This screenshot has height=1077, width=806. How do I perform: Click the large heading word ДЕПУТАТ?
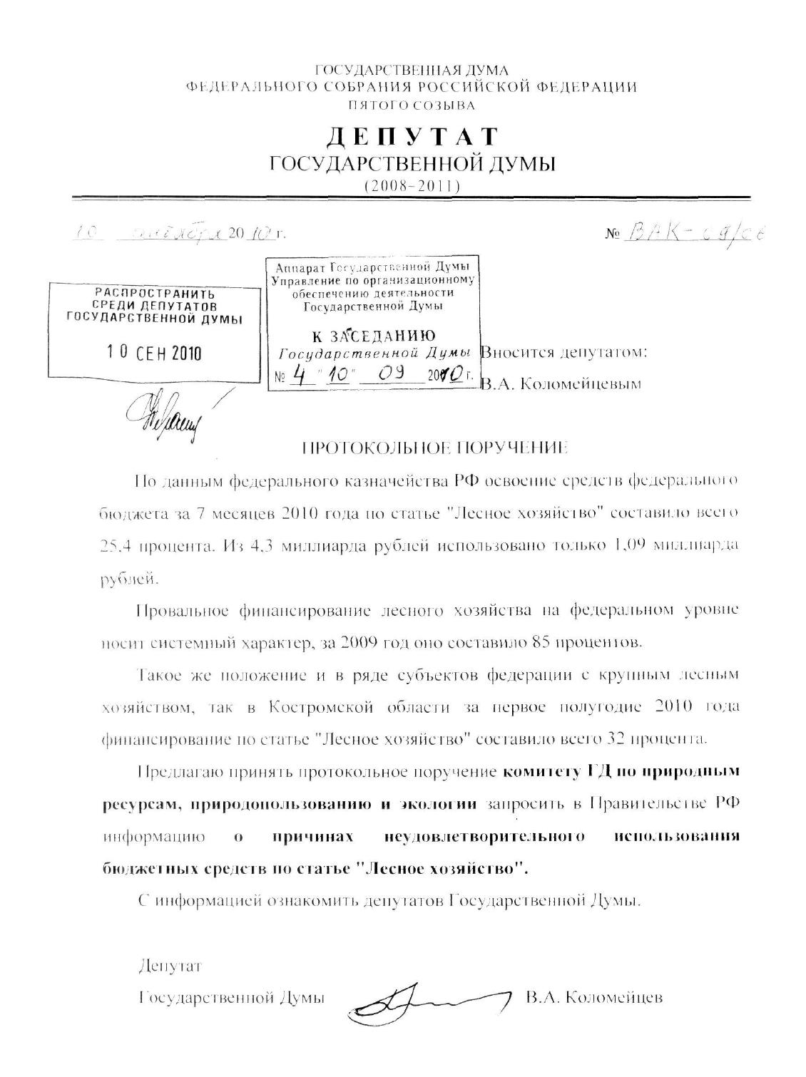[412, 137]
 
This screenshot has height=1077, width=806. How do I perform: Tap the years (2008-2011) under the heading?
[412, 186]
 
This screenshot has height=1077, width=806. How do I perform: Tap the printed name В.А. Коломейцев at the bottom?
[594, 997]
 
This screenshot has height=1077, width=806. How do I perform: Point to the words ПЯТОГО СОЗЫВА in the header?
[412, 105]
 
